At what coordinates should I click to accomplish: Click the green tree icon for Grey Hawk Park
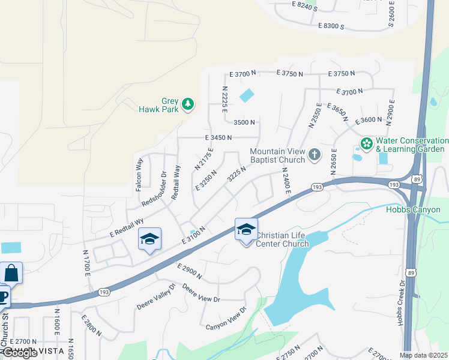click(188, 105)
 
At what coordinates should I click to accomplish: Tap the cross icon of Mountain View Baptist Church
click(314, 155)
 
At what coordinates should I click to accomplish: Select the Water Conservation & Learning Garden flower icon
click(366, 144)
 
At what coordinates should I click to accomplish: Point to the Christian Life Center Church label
click(282, 239)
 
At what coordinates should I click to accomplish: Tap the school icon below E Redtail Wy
click(149, 239)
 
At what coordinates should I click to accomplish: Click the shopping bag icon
click(11, 273)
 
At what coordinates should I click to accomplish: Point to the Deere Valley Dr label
click(154, 296)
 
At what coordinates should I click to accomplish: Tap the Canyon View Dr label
click(226, 318)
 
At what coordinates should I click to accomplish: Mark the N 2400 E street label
click(286, 179)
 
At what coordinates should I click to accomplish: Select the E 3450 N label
click(218, 137)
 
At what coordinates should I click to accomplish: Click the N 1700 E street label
click(86, 263)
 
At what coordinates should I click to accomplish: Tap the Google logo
click(19, 353)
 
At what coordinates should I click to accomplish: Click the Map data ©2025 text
click(423, 355)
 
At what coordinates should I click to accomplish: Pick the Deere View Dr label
click(201, 293)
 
